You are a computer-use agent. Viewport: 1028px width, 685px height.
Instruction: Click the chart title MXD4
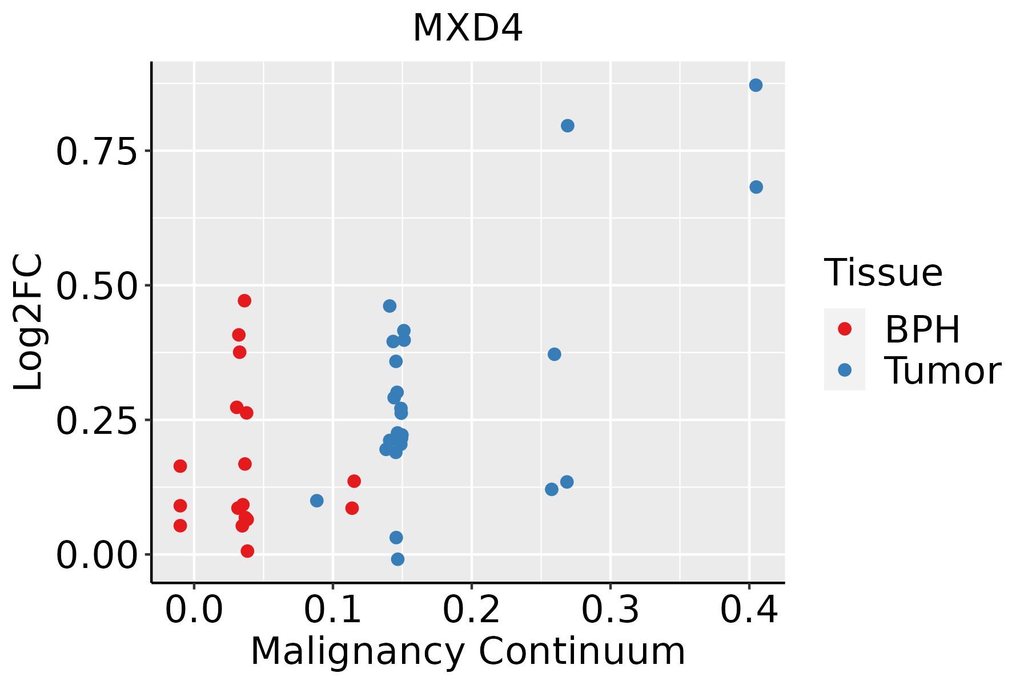tap(467, 29)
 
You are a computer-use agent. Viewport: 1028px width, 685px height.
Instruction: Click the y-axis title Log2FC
tap(29, 322)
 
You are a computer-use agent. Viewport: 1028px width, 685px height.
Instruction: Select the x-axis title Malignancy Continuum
tap(467, 651)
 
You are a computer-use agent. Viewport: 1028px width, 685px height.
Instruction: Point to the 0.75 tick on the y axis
tap(97, 152)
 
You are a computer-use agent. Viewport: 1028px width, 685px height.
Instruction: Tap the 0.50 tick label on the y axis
tap(97, 286)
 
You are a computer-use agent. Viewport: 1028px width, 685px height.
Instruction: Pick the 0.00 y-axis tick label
tap(97, 555)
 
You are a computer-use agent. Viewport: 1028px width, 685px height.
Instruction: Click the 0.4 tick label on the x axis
tap(749, 610)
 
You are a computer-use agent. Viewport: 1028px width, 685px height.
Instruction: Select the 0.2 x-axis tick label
tap(472, 610)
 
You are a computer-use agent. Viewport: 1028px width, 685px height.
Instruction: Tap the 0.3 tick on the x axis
tap(610, 610)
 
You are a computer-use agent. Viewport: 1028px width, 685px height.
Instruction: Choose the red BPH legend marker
tap(844, 328)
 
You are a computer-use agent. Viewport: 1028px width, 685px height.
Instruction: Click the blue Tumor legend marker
tap(844, 370)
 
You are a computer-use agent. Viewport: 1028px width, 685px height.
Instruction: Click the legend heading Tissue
tap(883, 273)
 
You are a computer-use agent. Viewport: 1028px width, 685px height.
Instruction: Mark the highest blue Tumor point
tap(756, 86)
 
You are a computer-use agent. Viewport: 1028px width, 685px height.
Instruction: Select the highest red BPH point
tap(244, 301)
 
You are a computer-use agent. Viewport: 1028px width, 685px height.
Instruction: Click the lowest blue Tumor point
tap(397, 559)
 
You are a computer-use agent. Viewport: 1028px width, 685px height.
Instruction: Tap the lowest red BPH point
tap(247, 551)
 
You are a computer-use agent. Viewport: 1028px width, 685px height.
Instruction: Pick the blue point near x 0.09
tap(317, 501)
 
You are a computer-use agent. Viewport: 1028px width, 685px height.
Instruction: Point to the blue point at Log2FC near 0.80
tap(567, 126)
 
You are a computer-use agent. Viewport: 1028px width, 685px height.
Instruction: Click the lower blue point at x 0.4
tap(756, 187)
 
